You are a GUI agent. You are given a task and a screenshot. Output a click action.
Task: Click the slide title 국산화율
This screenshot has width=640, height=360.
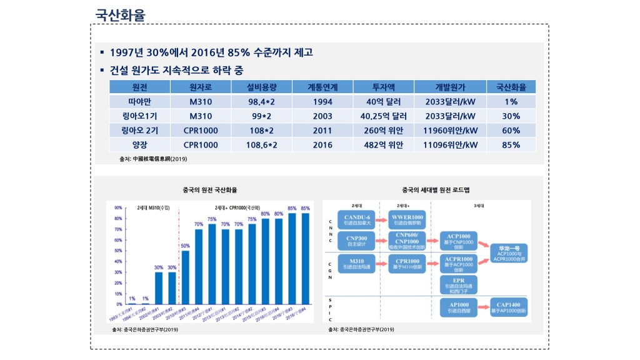coord(120,14)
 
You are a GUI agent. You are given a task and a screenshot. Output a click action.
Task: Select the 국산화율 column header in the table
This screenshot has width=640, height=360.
coord(511,87)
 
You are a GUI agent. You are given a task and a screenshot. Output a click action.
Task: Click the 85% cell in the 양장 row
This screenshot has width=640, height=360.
coord(511,145)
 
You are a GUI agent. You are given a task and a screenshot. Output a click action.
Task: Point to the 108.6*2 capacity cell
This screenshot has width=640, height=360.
coord(262,145)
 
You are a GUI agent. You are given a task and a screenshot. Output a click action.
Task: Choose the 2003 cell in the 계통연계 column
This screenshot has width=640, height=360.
coord(322,116)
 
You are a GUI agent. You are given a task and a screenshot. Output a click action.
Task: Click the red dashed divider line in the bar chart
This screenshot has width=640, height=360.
coord(178,256)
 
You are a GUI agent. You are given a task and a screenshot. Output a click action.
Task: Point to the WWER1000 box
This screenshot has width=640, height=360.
coord(407,219)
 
